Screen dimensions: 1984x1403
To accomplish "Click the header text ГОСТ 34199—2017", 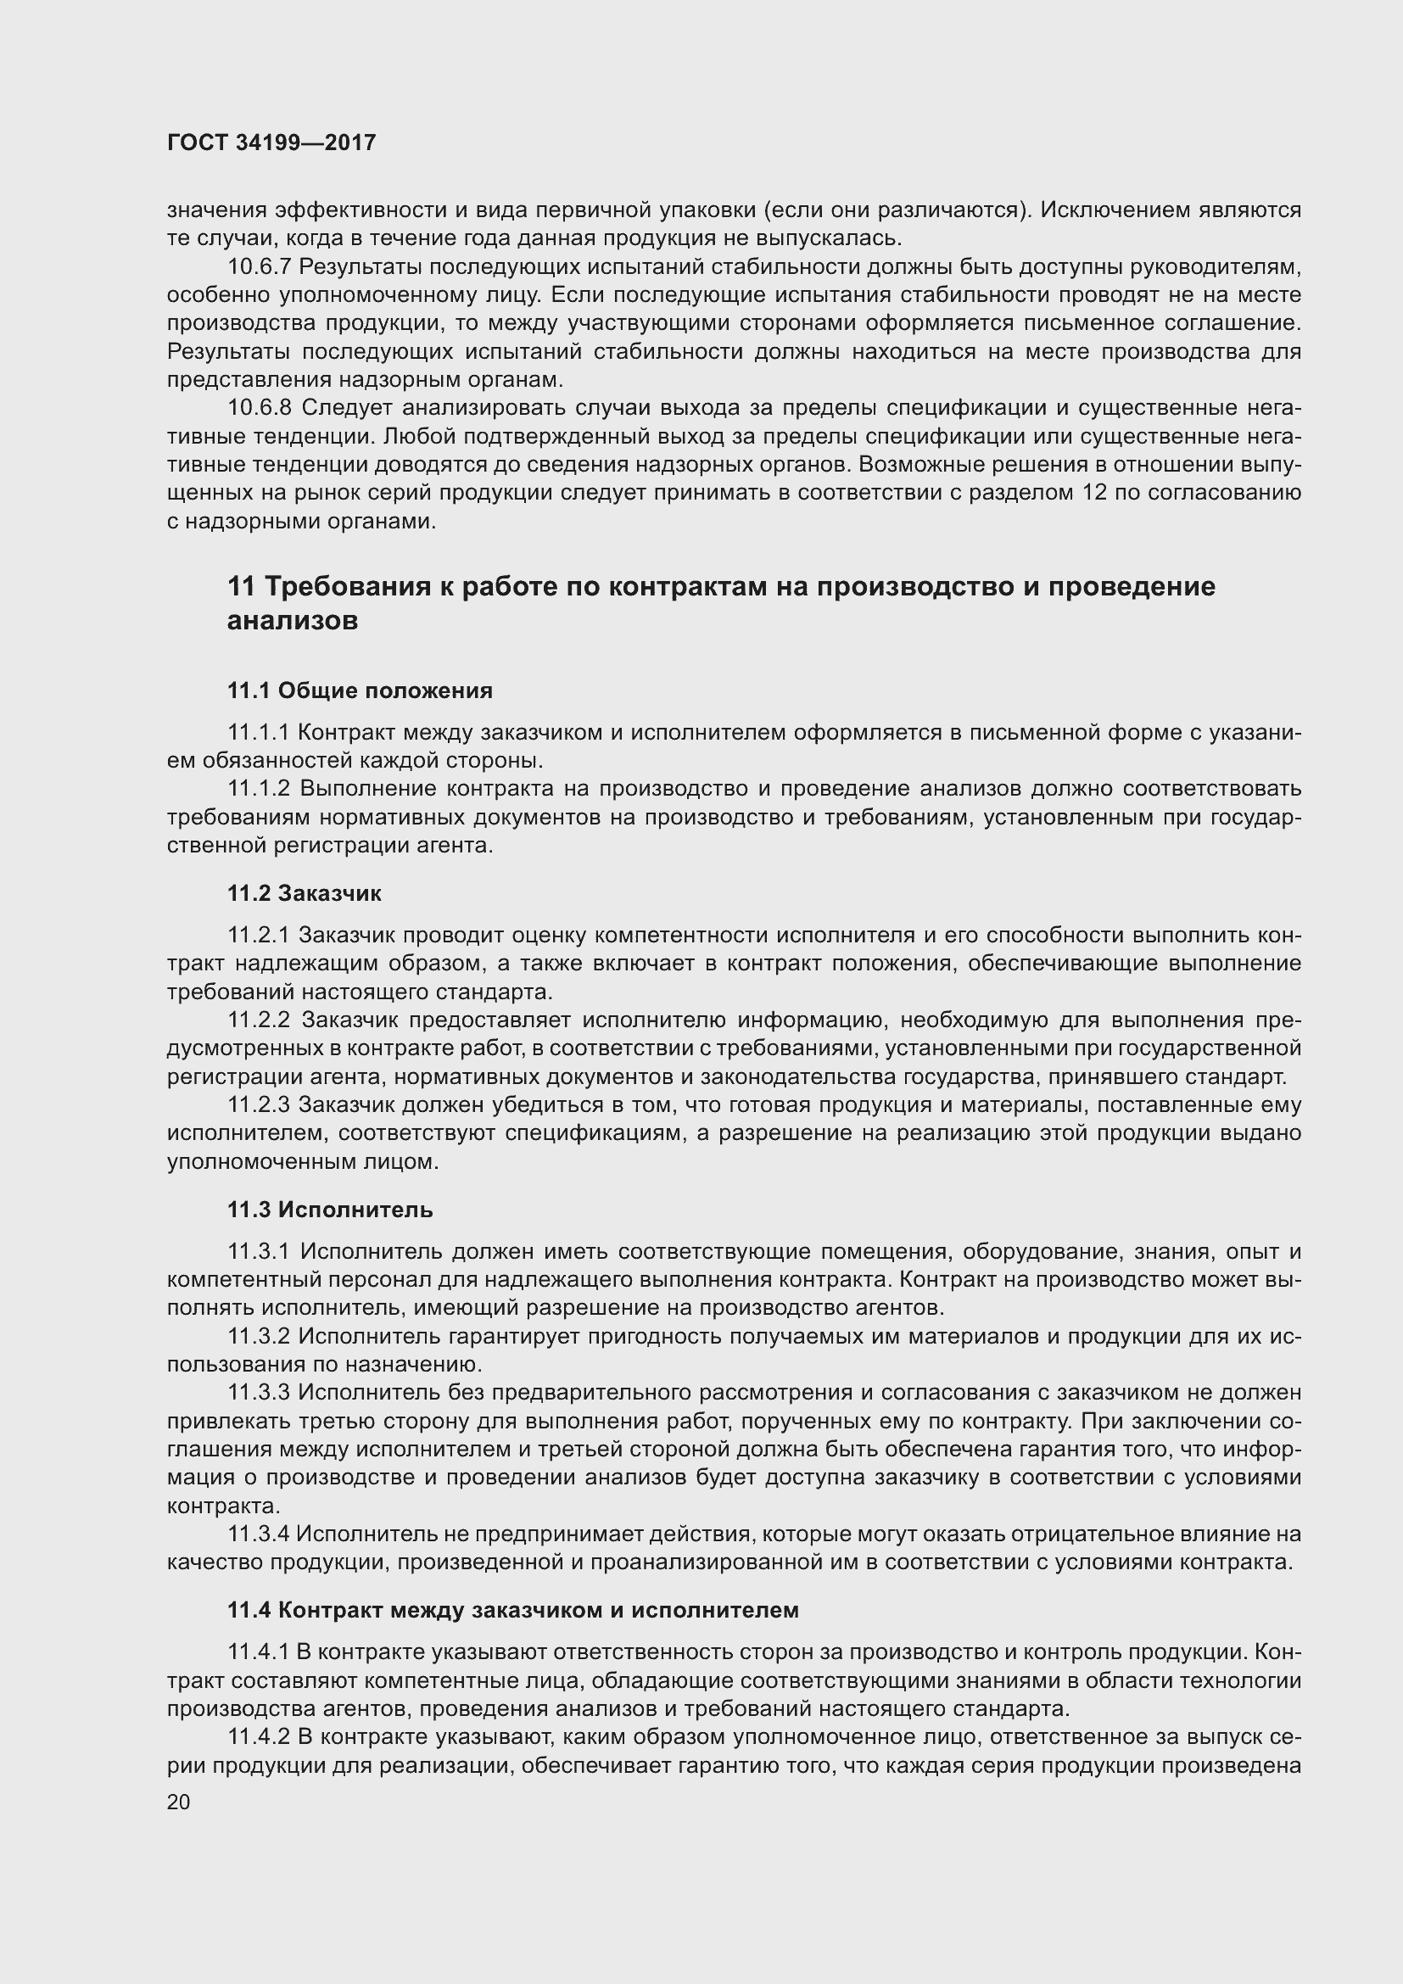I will click(271, 143).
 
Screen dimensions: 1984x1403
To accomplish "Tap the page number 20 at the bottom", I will click(178, 1802).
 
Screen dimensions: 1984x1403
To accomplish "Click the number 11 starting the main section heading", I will click(241, 587).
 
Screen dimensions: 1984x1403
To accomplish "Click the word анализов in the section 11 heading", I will click(292, 620).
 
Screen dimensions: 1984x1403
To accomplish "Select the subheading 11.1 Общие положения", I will click(360, 690).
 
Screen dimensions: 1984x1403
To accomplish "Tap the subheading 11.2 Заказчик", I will click(305, 892).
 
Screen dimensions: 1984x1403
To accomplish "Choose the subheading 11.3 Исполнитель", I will click(330, 1209).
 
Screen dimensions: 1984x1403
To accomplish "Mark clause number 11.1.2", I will click(260, 789).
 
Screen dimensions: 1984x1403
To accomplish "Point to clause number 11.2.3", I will click(260, 1104).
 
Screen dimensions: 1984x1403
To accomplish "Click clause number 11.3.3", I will click(260, 1392).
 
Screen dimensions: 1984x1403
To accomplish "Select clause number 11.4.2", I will click(260, 1737).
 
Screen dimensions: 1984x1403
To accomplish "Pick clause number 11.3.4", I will click(260, 1534).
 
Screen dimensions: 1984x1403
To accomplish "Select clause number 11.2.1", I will click(260, 935).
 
